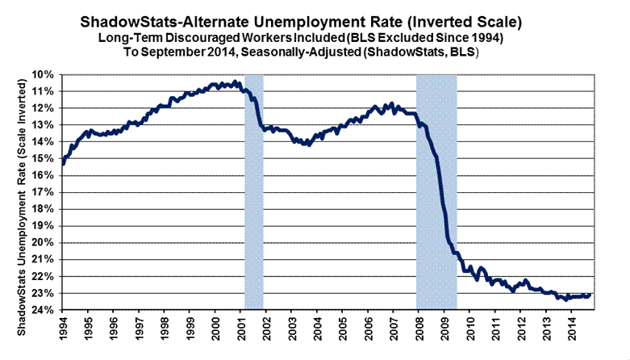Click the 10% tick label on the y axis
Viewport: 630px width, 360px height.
click(x=44, y=75)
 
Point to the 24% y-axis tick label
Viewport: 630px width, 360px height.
click(x=44, y=310)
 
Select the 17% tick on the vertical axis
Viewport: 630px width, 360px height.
click(x=44, y=192)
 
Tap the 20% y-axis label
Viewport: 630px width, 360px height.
click(x=44, y=242)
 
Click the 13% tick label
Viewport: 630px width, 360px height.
click(x=44, y=125)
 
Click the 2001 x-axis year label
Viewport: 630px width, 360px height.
click(x=243, y=332)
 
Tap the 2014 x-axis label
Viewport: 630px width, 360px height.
click(x=573, y=332)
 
